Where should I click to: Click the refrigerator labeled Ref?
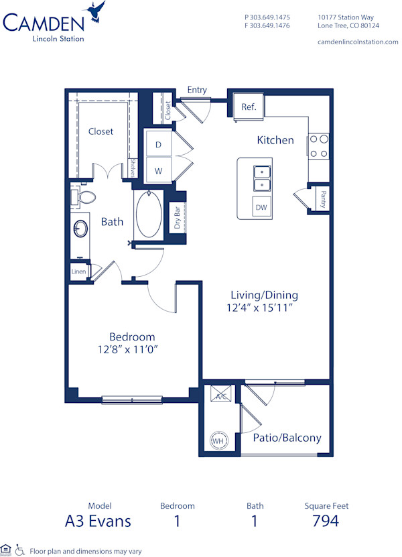(249, 106)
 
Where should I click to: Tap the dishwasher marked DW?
(261, 208)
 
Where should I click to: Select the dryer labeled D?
(159, 145)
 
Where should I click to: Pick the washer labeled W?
(159, 171)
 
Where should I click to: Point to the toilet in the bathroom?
(83, 198)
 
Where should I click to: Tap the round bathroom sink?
(80, 229)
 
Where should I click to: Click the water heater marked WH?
(217, 441)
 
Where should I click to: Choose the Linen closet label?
(78, 271)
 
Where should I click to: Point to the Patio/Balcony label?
(287, 438)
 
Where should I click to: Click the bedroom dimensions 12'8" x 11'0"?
(132, 349)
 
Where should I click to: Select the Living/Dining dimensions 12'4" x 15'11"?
(264, 307)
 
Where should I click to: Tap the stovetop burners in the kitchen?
(319, 147)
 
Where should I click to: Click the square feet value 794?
(326, 521)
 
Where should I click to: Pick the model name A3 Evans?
(99, 521)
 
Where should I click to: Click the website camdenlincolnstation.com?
(357, 42)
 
